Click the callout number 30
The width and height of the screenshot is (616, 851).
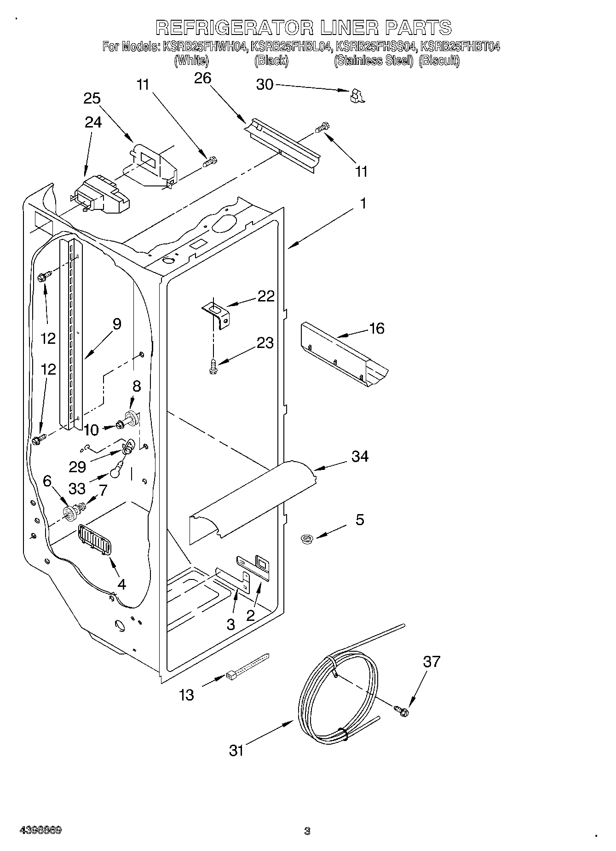[x=264, y=85]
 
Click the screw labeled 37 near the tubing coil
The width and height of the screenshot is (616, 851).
[x=402, y=710]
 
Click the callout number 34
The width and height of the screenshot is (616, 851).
[x=360, y=457]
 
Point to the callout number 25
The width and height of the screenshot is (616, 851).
[x=92, y=98]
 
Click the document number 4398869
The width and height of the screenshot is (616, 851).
[x=40, y=830]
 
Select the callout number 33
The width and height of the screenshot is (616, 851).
[x=77, y=487]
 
